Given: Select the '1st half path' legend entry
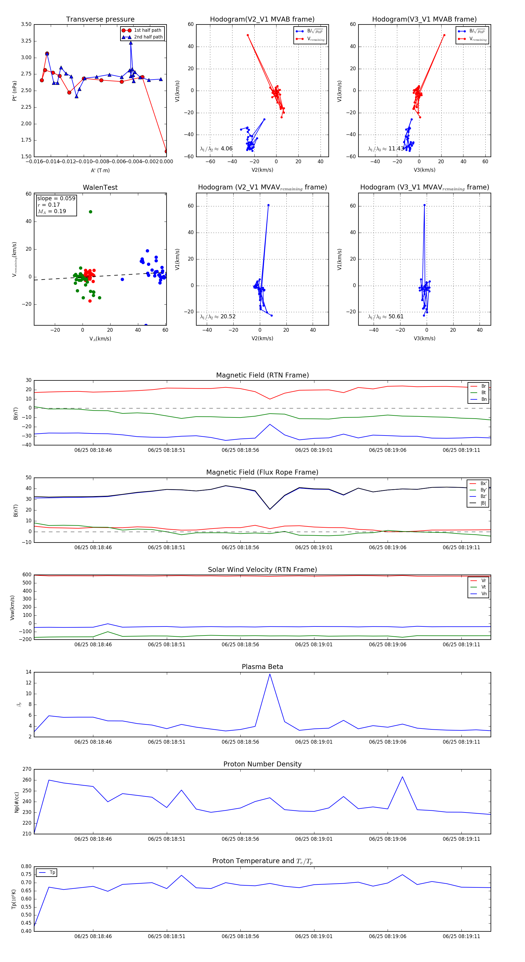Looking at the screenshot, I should click(147, 30).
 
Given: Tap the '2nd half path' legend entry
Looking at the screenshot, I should click(148, 37).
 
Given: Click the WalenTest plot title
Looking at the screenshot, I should click(100, 187).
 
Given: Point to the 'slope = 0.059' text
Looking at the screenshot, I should click(56, 198).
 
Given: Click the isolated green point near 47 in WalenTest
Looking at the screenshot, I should click(90, 212).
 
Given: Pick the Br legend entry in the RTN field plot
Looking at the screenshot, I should click(483, 386).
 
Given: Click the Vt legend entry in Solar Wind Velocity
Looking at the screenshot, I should click(484, 587).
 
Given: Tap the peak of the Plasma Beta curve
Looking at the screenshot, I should click(270, 674).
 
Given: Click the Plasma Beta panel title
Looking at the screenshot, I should click(262, 667).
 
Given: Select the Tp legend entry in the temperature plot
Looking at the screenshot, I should click(52, 873).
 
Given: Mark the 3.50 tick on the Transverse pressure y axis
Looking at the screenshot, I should click(26, 24).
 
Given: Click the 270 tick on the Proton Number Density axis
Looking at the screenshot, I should click(27, 769).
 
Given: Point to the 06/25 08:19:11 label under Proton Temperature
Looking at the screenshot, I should click(461, 936).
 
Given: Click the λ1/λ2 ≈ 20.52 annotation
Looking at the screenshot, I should click(218, 317).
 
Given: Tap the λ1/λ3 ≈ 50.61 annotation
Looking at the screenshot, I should click(386, 317).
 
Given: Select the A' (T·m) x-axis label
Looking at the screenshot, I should click(100, 170).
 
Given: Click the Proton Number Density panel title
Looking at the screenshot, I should click(262, 764).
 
